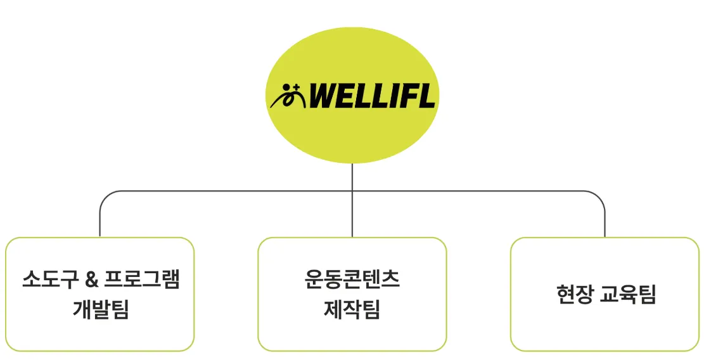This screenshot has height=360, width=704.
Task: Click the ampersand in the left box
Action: coord(89,280)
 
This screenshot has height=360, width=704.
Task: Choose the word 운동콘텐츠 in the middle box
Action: coord(352,280)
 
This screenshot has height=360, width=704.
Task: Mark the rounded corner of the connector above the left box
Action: coord(105,196)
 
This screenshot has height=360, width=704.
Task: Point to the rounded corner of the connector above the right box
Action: coord(599,196)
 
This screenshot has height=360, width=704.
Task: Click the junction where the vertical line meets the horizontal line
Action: coord(352,191)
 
